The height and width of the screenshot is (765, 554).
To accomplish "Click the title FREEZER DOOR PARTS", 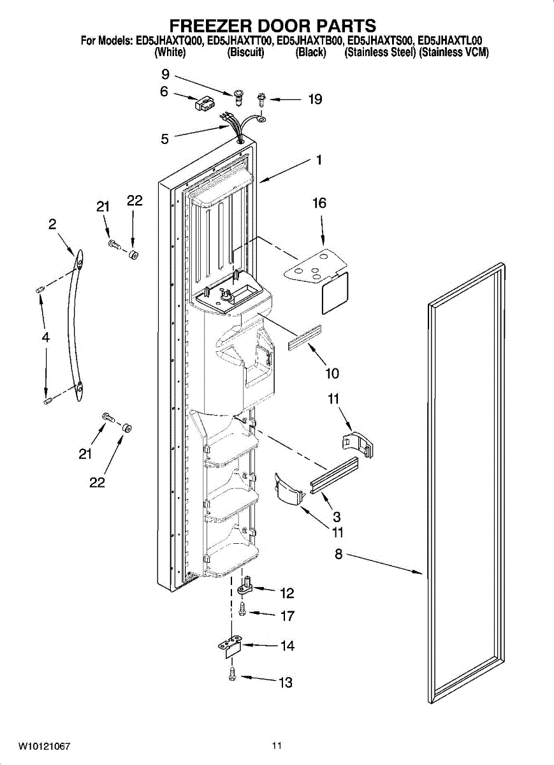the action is click(273, 26).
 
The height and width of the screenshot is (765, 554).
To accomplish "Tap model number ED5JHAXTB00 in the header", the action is click(309, 41).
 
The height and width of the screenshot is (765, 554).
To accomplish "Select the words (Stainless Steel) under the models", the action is click(380, 52).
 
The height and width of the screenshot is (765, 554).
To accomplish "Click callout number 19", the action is click(315, 99).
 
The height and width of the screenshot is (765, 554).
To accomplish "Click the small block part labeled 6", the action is click(203, 104).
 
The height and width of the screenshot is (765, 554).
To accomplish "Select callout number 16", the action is click(319, 203).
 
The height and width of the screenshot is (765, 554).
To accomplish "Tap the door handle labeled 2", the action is click(75, 325).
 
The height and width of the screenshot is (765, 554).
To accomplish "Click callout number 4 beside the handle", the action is click(46, 337).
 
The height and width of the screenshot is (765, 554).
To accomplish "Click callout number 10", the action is click(332, 374).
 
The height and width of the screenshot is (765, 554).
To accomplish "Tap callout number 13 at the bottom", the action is click(286, 683).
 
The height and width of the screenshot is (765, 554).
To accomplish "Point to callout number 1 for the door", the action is click(319, 160).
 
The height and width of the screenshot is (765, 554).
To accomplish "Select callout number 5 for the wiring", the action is click(164, 139).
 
